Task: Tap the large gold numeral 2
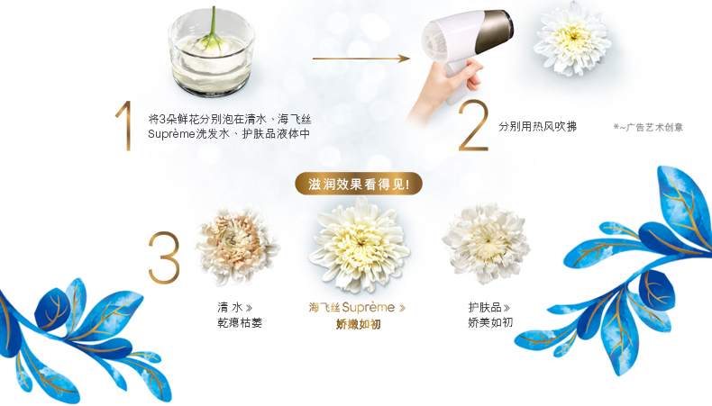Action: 473,126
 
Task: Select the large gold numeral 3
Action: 164,257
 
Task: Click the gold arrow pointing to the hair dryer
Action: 361,59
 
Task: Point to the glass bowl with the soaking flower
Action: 211,53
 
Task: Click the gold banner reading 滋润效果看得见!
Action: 359,184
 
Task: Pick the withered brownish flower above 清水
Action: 237,246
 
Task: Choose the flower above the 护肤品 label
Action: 486,244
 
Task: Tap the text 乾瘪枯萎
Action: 240,322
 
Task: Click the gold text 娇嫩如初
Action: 359,324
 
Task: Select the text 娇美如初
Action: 490,322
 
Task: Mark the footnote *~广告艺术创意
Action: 648,128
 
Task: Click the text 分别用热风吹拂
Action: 538,127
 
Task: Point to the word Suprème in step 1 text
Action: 171,134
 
